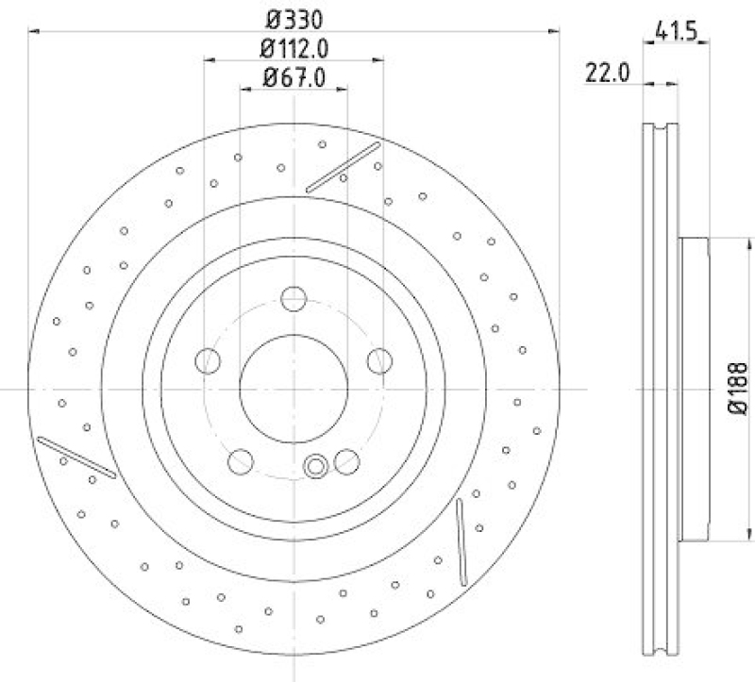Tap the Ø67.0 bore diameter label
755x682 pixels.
coord(294,79)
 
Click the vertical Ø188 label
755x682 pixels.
coord(741,388)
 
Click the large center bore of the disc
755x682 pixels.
coord(294,387)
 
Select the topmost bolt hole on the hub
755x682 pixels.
coord(294,300)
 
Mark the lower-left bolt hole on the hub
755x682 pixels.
coord(242,461)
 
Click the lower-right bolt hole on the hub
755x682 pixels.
coord(346,461)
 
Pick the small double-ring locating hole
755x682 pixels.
coord(317,464)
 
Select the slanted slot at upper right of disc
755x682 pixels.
coord(344,167)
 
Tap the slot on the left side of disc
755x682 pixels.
coord(76,457)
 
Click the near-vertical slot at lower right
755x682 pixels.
coord(461,541)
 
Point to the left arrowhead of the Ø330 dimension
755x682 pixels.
coord(34,31)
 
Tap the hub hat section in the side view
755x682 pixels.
coord(693,388)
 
